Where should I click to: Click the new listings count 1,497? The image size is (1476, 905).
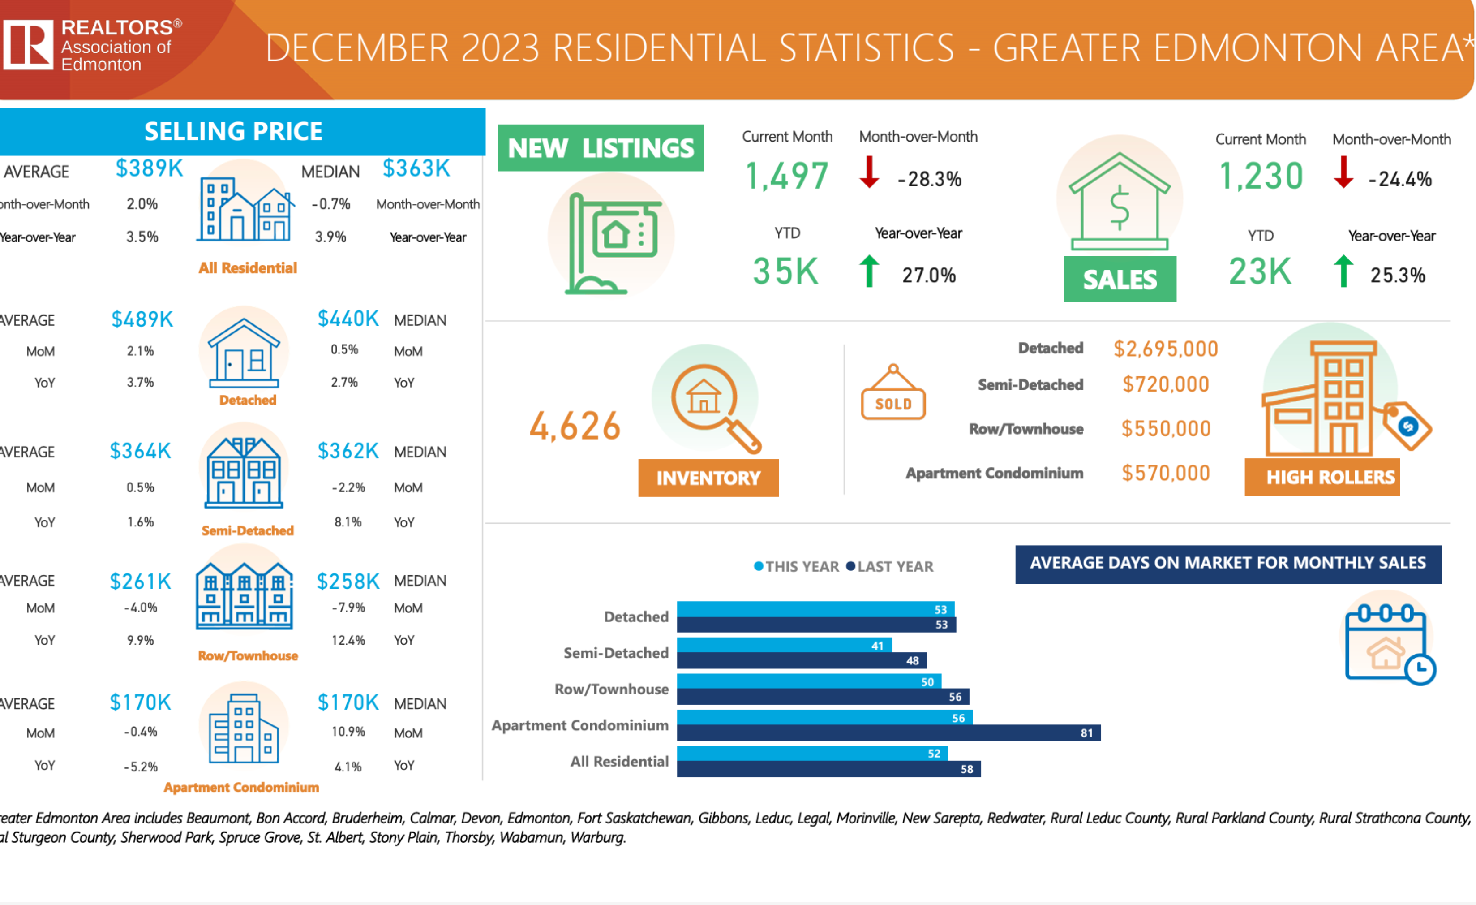click(x=786, y=176)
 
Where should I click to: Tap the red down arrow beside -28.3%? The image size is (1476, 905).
click(x=869, y=172)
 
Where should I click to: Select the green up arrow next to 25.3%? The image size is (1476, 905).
click(x=1343, y=271)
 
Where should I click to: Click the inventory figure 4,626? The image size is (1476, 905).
click(x=575, y=426)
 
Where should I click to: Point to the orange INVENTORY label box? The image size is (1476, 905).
click(x=708, y=478)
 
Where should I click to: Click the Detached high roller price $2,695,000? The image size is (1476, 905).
click(x=1166, y=349)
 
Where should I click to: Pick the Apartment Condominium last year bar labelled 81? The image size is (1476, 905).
click(x=888, y=733)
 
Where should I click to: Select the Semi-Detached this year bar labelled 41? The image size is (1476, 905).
click(x=784, y=645)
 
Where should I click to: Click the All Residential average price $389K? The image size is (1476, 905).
click(x=149, y=168)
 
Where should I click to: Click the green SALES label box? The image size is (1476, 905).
click(x=1120, y=279)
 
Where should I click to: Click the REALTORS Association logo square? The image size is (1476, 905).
click(x=28, y=44)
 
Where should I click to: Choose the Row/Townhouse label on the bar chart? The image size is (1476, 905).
click(x=611, y=689)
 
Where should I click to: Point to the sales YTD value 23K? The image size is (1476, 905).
click(x=1260, y=271)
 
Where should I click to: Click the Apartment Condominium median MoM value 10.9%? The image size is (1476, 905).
click(x=348, y=732)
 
